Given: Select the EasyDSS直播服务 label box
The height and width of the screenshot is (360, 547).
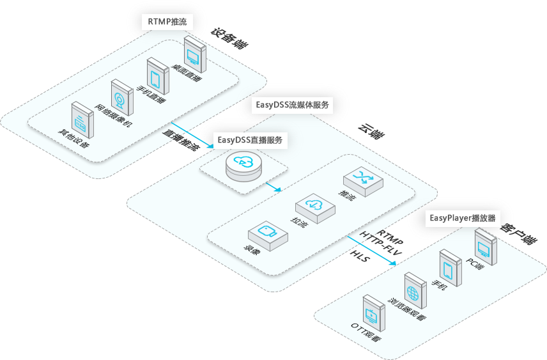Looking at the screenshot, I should point(249,139).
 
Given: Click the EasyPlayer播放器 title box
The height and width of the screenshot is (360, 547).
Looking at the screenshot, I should point(462,217).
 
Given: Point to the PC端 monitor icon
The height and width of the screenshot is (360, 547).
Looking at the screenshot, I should point(485,245).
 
